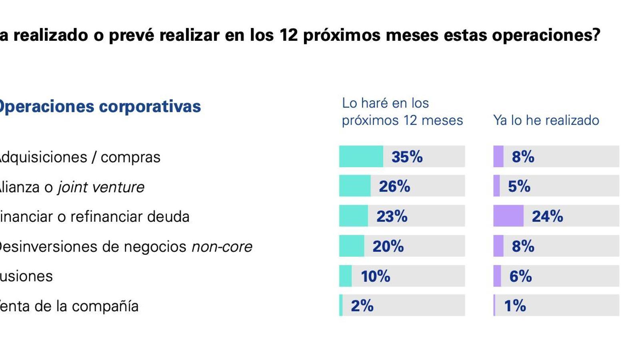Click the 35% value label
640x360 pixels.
407,157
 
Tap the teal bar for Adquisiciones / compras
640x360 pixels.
361,156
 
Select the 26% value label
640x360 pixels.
394,186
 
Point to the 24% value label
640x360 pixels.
547,216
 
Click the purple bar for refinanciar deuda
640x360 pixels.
508,216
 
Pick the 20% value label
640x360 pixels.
388,246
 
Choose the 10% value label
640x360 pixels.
375,276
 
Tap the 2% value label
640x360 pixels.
362,306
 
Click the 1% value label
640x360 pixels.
515,306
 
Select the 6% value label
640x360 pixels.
520,276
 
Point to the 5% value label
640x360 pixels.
519,186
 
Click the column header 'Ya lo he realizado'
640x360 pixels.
546,120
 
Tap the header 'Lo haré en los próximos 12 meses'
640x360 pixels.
402,112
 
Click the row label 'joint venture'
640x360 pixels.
101,187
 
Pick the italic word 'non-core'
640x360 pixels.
222,247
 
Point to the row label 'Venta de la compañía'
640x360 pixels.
69,306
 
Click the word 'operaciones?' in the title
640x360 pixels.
546,35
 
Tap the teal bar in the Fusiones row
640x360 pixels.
345,276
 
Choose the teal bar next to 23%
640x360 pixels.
353,216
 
